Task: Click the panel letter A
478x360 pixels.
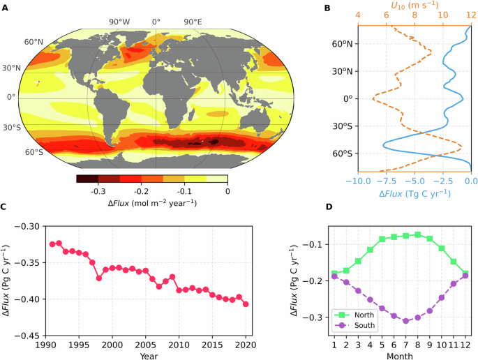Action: (5, 8)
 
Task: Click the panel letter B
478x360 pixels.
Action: (328, 8)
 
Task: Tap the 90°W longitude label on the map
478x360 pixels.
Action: (119, 22)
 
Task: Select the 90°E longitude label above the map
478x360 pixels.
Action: (193, 22)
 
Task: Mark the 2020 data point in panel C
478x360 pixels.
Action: (246, 303)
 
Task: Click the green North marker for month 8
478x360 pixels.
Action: (417, 234)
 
